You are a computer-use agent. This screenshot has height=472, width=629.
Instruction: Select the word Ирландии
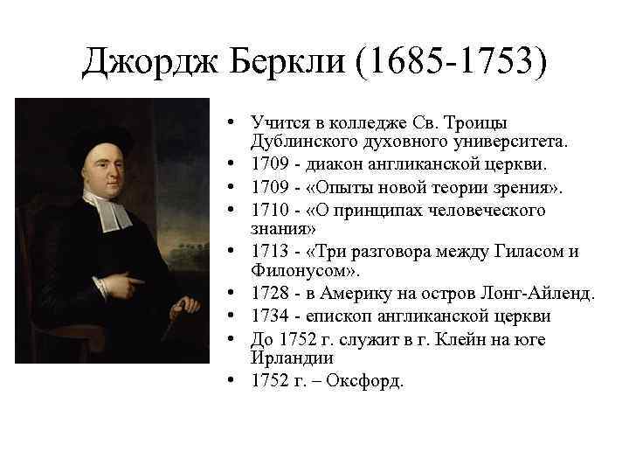pyautogui.click(x=289, y=357)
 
